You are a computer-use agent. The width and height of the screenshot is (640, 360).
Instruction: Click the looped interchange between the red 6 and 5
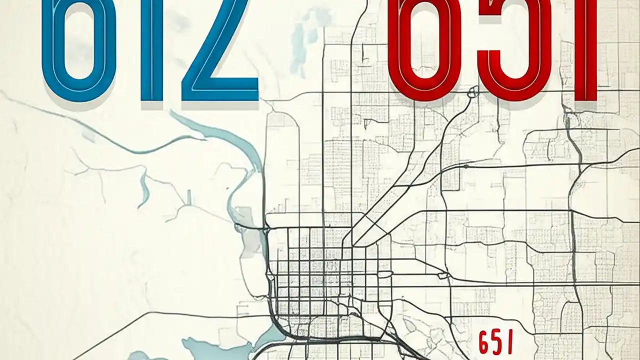pos(472,91)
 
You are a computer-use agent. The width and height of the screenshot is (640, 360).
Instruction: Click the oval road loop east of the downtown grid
pos(384,274)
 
